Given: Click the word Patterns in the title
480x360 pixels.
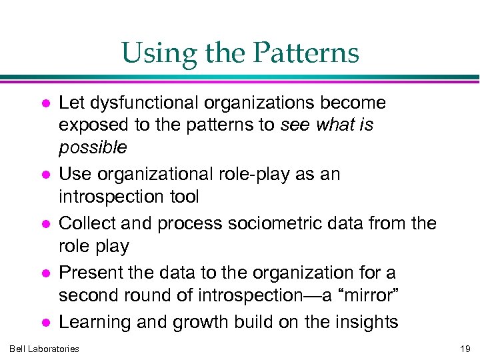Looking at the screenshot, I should click(311, 53).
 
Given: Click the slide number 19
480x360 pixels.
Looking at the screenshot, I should click(465, 349).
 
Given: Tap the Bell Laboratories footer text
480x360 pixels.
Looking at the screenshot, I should click(44, 349).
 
